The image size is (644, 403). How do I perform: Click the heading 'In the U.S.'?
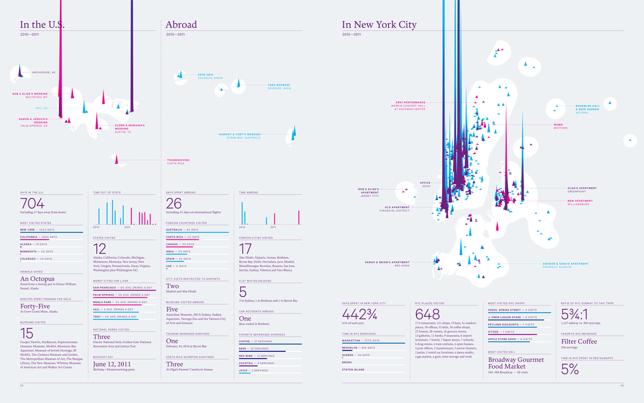(42, 25)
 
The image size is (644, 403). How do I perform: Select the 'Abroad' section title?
(181, 25)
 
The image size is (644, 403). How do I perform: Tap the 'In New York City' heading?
(379, 25)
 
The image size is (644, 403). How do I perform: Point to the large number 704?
(33, 203)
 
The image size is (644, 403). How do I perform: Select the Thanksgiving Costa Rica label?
(178, 161)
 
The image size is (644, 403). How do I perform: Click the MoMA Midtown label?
(560, 126)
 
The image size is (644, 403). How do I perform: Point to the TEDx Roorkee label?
(278, 86)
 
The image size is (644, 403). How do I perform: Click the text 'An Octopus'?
(37, 278)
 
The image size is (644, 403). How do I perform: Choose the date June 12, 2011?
(112, 364)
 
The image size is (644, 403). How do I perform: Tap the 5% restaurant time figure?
(570, 370)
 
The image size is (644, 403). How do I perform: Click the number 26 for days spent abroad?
(174, 203)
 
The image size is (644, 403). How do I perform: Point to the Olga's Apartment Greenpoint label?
(581, 190)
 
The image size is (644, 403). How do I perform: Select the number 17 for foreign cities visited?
(245, 248)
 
